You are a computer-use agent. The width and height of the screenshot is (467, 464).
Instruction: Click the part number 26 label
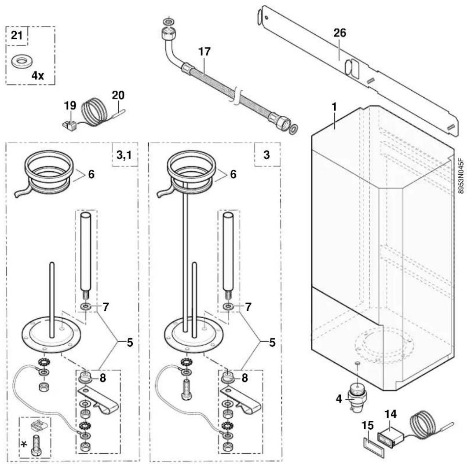339,33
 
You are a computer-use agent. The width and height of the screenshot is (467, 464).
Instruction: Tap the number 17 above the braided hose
204,52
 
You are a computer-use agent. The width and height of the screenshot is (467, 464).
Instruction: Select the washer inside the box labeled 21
22,62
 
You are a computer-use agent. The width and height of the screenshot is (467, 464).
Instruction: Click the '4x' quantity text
38,76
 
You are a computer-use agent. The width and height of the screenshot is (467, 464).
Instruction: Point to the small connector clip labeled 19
69,125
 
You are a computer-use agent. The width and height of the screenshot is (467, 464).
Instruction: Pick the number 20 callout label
118,96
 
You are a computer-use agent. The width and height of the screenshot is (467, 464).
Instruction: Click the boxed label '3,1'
124,155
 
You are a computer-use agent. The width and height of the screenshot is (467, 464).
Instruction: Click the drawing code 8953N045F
461,176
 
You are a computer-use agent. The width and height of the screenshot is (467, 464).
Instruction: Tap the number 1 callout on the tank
334,107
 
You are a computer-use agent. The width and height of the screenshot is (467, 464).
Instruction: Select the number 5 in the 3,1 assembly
130,343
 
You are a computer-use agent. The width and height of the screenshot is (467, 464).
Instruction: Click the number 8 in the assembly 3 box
244,378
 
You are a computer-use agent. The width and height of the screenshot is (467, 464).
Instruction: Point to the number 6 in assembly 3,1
91,174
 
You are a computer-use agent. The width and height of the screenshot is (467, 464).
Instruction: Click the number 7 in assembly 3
248,306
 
